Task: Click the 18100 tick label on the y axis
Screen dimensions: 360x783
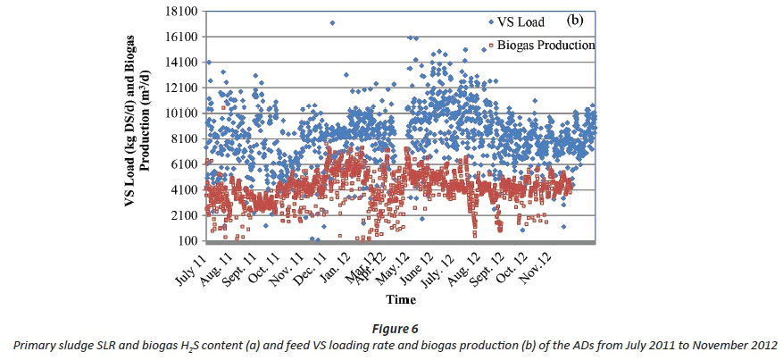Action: point(179,12)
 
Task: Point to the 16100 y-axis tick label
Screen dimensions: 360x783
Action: point(179,37)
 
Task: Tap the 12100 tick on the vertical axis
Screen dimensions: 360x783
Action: point(179,88)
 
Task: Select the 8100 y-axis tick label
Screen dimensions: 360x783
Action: point(182,138)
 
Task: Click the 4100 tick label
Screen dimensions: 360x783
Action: point(182,189)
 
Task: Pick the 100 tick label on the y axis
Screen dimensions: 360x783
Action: point(187,241)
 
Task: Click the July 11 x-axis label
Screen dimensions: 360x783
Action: point(191,265)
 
